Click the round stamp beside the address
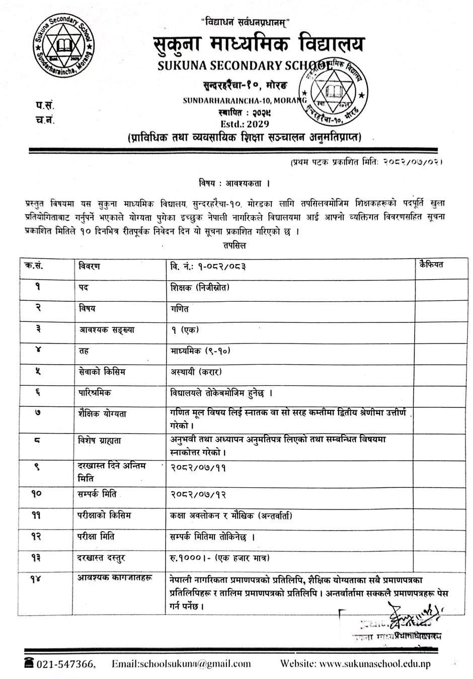(x=334, y=91)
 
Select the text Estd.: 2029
(x=245, y=124)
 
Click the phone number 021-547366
(x=64, y=664)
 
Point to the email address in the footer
(x=181, y=664)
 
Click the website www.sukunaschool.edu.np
(x=355, y=664)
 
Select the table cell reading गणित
(x=180, y=308)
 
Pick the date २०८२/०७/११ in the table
(x=198, y=467)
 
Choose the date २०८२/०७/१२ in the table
(x=198, y=494)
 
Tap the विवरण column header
(x=90, y=266)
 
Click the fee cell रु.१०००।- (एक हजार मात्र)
(x=220, y=558)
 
